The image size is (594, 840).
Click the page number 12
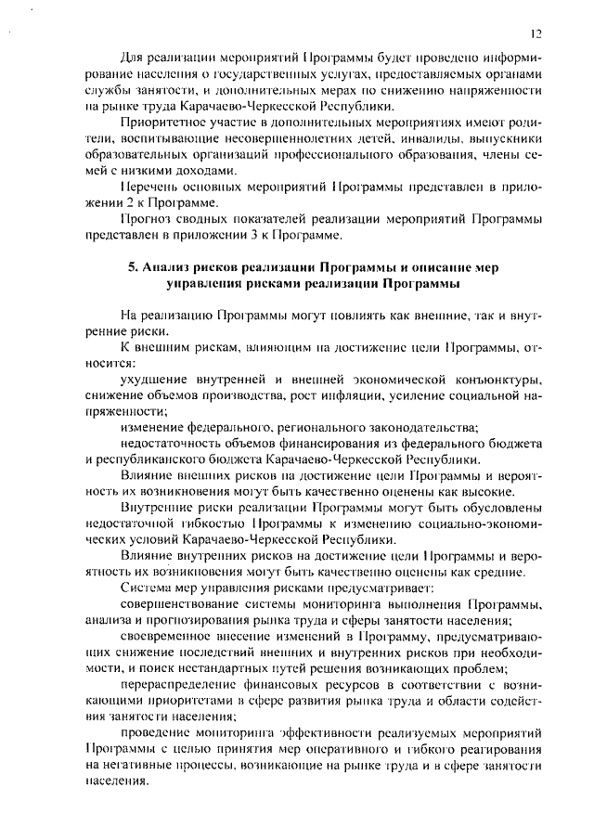(536, 33)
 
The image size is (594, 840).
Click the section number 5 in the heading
(133, 266)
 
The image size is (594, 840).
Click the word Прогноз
(147, 219)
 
